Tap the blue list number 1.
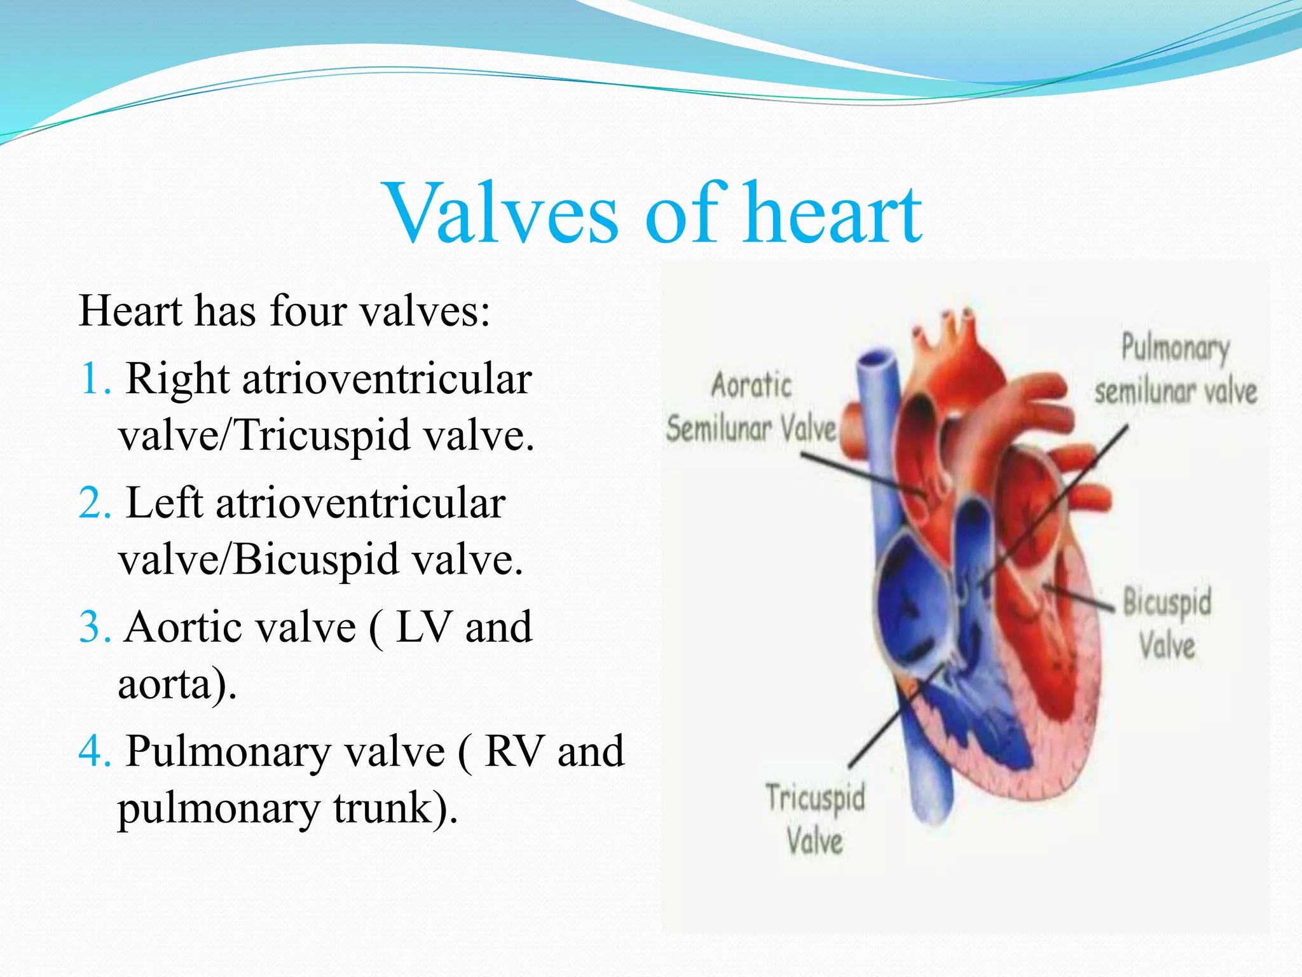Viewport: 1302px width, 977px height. click(93, 380)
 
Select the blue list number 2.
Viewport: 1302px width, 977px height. click(95, 504)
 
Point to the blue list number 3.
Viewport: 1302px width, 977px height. click(95, 628)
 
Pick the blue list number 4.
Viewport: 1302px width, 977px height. click(95, 752)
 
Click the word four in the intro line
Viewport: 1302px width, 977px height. click(308, 312)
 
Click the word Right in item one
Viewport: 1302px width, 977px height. click(177, 380)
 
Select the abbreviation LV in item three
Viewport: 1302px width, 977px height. click(424, 628)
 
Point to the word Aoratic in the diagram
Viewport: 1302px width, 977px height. click(751, 386)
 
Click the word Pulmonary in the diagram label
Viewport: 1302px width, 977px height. click(1175, 349)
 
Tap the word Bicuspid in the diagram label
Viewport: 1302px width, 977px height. click(1167, 602)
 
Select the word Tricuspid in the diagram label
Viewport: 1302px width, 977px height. click(815, 798)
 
